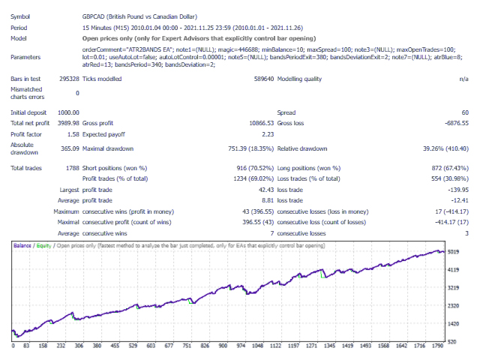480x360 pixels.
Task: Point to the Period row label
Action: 20,26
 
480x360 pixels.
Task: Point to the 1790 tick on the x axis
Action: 437,346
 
